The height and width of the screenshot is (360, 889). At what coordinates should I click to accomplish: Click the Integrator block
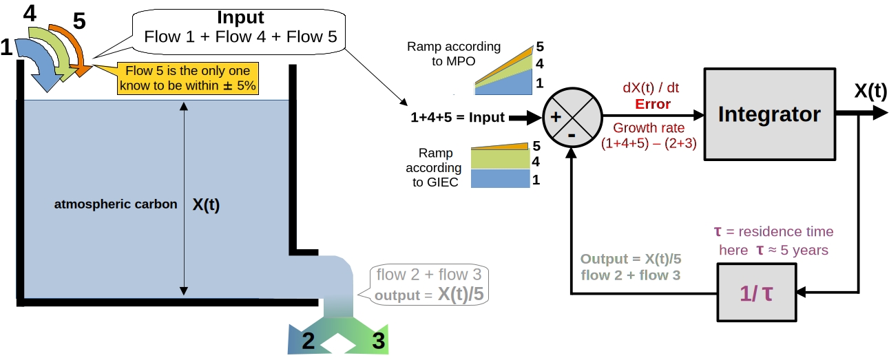[768, 114]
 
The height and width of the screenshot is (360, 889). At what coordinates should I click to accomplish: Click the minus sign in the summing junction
[572, 135]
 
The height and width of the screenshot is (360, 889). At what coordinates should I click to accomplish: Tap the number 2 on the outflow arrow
[308, 339]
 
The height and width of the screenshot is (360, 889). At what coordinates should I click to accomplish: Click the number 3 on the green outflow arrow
[378, 340]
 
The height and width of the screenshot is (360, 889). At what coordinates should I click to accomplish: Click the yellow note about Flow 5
[187, 78]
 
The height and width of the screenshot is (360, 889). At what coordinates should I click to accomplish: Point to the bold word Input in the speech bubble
[240, 17]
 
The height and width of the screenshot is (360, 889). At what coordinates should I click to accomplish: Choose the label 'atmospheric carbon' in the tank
[116, 204]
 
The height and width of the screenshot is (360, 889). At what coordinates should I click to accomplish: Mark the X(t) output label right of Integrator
[870, 92]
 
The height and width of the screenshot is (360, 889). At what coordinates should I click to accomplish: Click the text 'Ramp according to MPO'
[453, 54]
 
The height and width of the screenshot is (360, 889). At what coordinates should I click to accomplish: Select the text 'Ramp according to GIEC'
[439, 167]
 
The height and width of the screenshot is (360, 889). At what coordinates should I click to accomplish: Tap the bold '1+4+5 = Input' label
[458, 118]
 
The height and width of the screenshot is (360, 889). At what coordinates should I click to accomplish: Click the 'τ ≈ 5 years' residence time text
[773, 251]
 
